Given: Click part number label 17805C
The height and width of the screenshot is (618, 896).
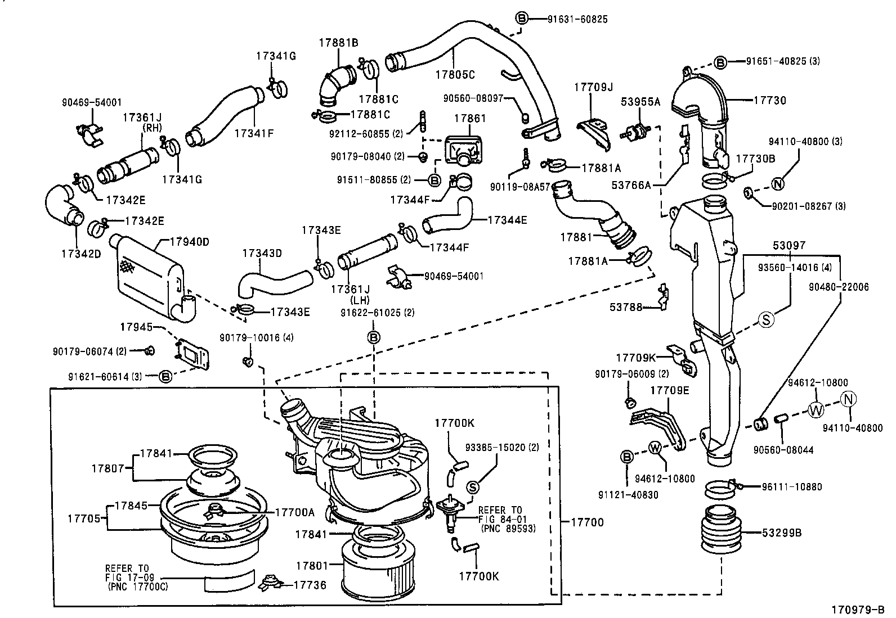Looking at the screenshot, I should (455, 74).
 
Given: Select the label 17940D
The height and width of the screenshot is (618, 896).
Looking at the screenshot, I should (190, 242).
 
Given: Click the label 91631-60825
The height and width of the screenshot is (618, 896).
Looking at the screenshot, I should (577, 19).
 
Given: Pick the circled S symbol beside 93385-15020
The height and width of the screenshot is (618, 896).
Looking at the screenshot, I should (473, 487).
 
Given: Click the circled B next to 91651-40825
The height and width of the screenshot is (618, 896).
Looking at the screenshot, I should (720, 62).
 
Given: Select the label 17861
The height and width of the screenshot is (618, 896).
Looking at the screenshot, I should (469, 119).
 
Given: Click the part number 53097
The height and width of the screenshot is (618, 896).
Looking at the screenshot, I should (789, 246).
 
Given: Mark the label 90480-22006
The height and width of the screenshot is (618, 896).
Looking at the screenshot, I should (839, 287).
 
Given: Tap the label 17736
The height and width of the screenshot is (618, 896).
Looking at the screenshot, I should (310, 585).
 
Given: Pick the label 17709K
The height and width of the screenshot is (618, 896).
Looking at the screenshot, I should (636, 358).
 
